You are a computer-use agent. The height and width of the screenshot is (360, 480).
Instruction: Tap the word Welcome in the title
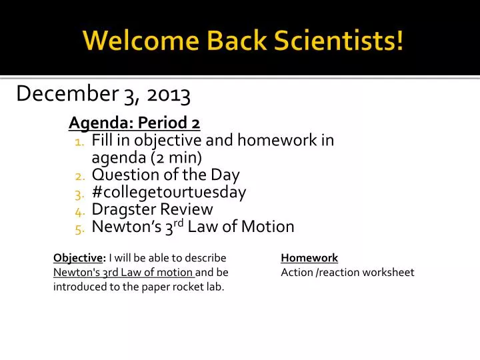[x=123, y=41]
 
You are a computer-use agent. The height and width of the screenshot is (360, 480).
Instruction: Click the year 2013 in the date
[x=169, y=95]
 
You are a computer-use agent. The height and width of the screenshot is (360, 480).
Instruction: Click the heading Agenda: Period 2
[x=135, y=123]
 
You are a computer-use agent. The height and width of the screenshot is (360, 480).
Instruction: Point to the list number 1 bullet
[x=79, y=142]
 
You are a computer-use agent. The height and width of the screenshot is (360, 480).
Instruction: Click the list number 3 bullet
[x=79, y=194]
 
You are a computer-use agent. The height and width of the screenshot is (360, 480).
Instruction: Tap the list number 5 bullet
[x=79, y=229]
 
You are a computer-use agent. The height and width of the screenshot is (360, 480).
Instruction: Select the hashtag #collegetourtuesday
[x=169, y=193]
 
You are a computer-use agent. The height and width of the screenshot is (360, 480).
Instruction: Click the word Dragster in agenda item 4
[x=121, y=210]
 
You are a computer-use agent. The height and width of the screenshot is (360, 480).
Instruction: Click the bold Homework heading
[x=309, y=258]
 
